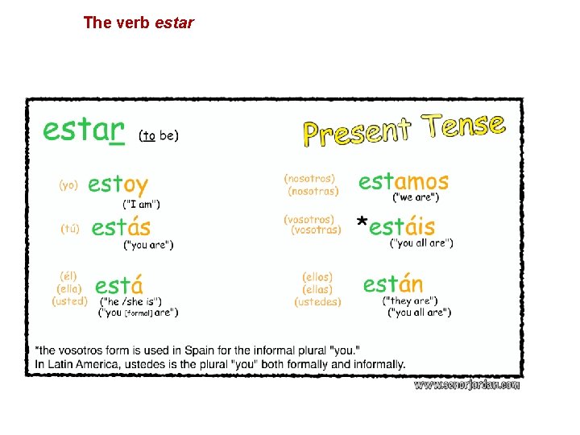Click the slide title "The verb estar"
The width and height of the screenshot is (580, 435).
(x=139, y=23)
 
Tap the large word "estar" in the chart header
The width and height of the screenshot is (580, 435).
(x=83, y=130)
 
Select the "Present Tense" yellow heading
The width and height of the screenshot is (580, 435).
(x=404, y=130)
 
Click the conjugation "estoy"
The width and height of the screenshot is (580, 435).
(x=118, y=184)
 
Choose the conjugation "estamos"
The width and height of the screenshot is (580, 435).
(x=404, y=181)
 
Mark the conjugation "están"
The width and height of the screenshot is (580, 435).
(x=392, y=284)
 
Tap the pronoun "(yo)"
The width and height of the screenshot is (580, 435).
(x=68, y=184)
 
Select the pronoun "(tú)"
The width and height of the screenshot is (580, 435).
(x=70, y=228)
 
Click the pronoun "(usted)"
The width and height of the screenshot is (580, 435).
(x=70, y=300)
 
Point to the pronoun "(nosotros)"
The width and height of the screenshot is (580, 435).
(x=309, y=178)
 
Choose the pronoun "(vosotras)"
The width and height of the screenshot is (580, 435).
(x=316, y=230)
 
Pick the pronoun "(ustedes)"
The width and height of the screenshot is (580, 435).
(x=317, y=302)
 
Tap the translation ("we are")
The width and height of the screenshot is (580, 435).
(x=416, y=197)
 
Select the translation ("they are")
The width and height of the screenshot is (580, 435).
(x=410, y=301)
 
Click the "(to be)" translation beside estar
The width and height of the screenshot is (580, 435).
(x=159, y=136)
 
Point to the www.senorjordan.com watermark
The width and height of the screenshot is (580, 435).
(x=466, y=385)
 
